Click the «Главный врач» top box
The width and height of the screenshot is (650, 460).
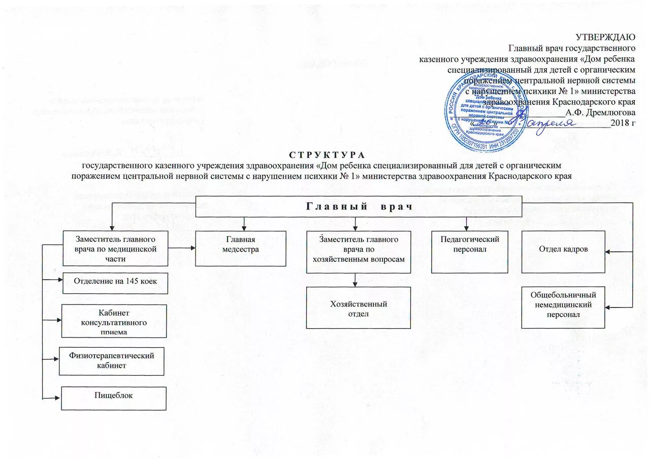(x=359, y=206)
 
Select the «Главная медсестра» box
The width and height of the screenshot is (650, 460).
(x=241, y=248)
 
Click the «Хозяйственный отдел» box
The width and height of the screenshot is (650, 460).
(x=358, y=308)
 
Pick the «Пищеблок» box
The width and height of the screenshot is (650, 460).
(x=114, y=398)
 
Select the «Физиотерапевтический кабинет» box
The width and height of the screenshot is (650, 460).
(x=112, y=360)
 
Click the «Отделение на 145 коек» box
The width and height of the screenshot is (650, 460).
(x=115, y=283)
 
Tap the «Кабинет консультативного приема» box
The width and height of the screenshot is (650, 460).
(x=114, y=321)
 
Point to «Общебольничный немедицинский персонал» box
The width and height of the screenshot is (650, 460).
(x=563, y=308)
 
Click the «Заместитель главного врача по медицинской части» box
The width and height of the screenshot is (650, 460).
(x=115, y=248)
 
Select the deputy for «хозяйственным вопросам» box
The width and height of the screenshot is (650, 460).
(x=358, y=252)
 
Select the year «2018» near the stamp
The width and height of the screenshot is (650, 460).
(x=620, y=122)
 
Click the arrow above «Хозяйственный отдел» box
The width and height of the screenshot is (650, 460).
(x=355, y=280)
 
